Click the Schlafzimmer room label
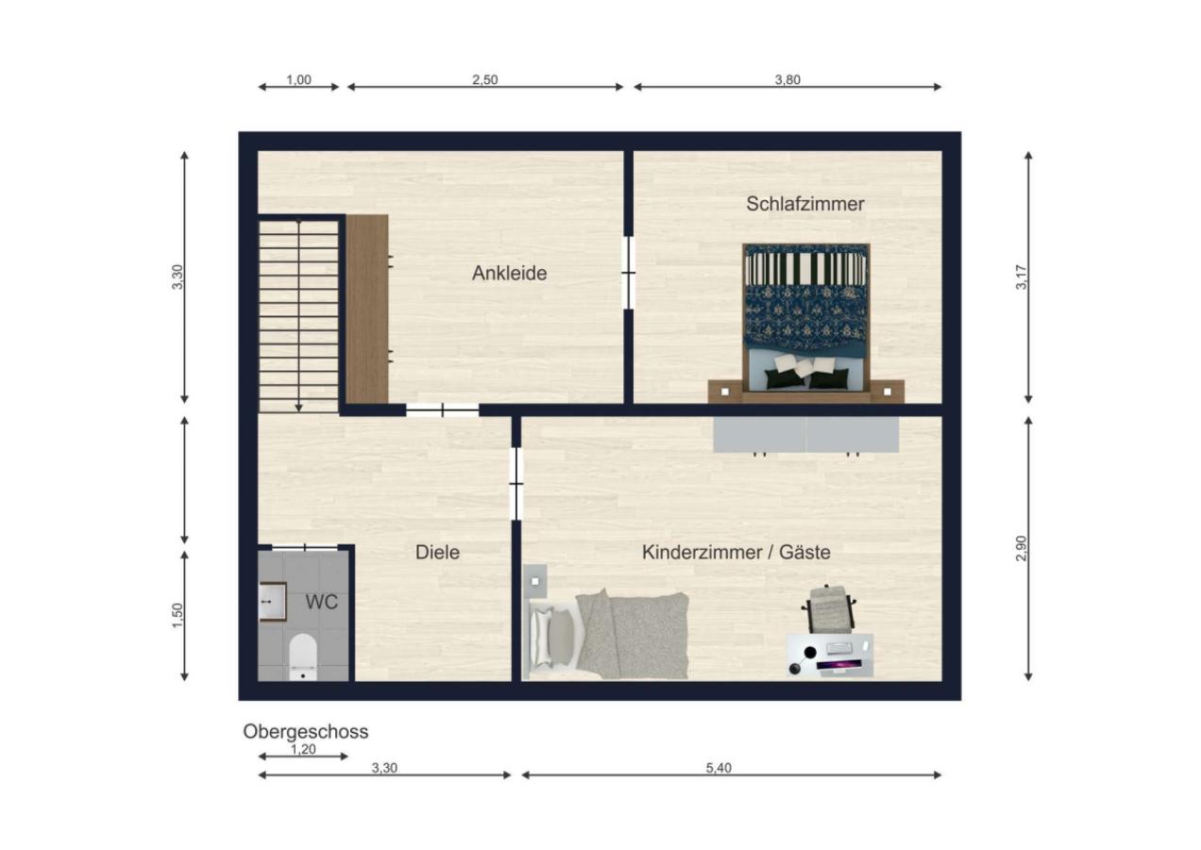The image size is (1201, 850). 804,203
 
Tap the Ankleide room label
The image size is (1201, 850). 509,274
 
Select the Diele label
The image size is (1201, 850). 437,552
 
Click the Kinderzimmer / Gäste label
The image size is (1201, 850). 736,552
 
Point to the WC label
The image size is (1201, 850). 321,601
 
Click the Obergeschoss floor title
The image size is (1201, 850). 305,731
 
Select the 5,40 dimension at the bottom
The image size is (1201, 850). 719,768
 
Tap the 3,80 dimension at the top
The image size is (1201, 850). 787,80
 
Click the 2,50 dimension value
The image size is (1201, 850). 484,80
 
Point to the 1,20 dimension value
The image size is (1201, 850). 302,750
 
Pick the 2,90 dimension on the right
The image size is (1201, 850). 1021,548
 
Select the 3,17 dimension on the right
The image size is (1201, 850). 1021,277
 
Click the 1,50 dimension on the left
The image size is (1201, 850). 178,614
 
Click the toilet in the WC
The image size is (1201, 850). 302,655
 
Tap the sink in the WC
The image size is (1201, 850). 271,601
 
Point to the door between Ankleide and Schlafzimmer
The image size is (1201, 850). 628,273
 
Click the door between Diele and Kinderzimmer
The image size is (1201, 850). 516,483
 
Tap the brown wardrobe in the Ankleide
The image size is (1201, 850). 366,309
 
